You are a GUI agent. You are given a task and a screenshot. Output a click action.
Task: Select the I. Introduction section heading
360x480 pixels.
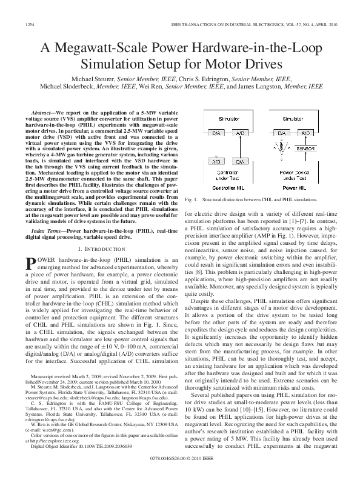[x=100, y=249]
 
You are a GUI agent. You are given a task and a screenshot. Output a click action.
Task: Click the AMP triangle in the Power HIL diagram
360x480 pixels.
[x=281, y=147]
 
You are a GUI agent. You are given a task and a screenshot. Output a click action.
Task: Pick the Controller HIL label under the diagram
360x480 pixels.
[x=229, y=188]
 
